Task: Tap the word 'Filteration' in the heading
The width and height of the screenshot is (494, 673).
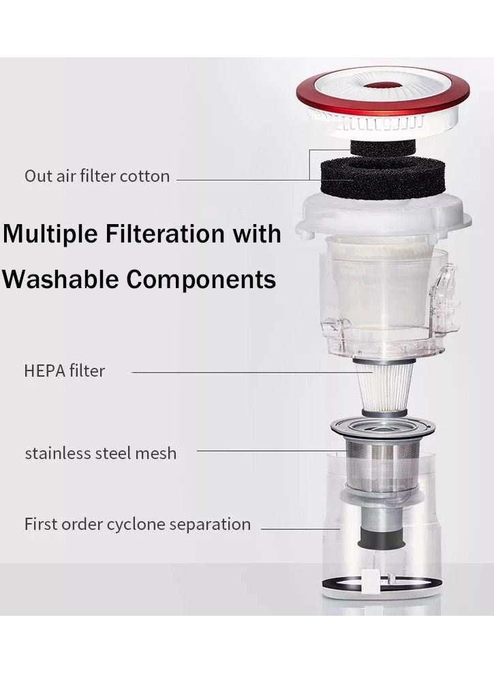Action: [166, 234]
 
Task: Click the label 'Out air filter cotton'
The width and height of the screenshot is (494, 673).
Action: [97, 176]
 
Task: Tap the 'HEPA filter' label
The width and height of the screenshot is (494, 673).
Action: [64, 371]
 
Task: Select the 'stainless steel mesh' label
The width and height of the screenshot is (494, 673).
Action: [100, 453]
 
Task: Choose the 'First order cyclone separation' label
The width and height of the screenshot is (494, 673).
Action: [138, 524]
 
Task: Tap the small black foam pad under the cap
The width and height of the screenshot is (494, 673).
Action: [383, 148]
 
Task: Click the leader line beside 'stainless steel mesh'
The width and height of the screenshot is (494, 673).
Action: [272, 451]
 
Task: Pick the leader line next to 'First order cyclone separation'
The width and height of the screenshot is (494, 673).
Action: [300, 529]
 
